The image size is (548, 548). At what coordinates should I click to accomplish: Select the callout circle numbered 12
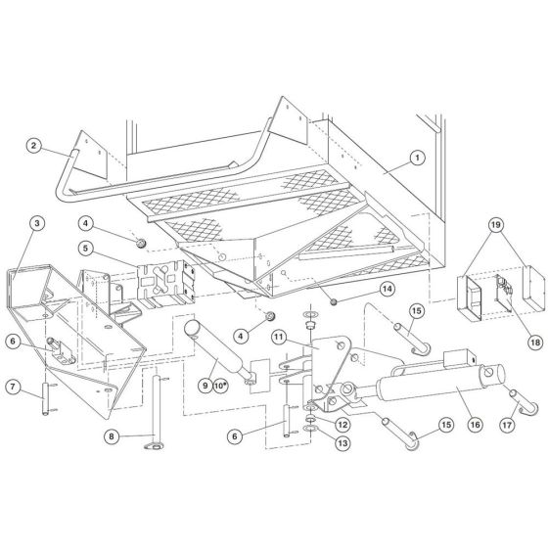click(315, 424)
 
